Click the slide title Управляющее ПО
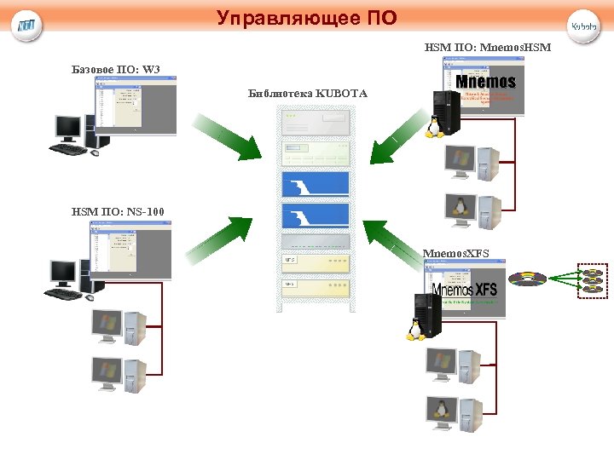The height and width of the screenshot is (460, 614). click(x=306, y=18)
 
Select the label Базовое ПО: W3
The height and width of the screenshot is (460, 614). click(x=116, y=68)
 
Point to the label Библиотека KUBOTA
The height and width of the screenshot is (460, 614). click(x=307, y=93)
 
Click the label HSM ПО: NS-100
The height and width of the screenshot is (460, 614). click(x=119, y=210)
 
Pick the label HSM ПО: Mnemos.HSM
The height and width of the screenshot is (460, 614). click(x=488, y=48)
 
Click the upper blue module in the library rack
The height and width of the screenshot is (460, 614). click(x=316, y=184)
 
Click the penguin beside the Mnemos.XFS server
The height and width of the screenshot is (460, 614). click(x=415, y=329)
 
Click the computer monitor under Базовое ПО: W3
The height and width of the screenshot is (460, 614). click(x=68, y=129)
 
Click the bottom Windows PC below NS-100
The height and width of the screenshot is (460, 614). click(x=119, y=374)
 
